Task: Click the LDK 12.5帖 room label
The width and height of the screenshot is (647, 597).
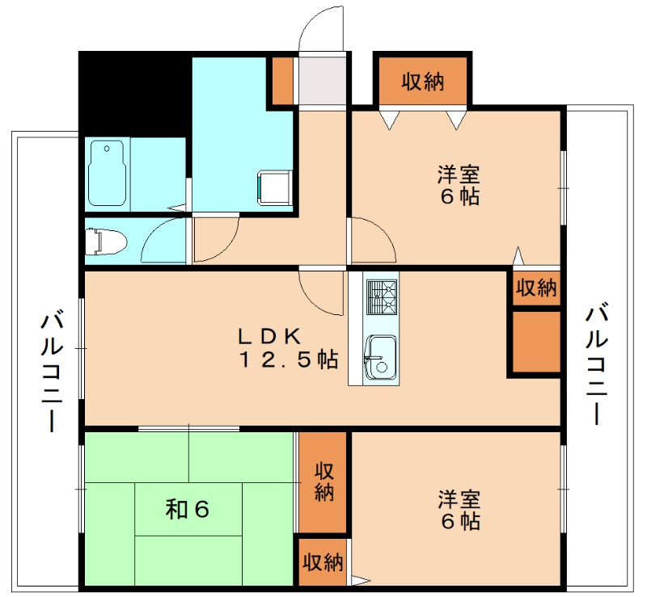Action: point(287,347)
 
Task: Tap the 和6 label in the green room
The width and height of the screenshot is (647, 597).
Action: point(188,509)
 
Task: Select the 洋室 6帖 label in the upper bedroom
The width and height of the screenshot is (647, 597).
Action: point(459,185)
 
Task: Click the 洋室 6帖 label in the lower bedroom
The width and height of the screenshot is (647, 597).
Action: point(459,509)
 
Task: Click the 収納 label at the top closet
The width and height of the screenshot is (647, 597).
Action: point(421,82)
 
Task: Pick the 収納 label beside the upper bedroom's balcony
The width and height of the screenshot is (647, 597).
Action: point(536,288)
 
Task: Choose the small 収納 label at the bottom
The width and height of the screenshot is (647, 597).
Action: point(322,562)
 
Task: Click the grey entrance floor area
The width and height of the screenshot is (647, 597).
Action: point(323,81)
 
